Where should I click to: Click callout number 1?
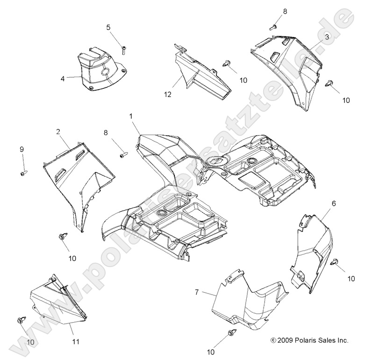coord(131,115)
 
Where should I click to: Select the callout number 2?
coord(58,132)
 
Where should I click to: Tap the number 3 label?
coord(327,36)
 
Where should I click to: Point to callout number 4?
coord(62,79)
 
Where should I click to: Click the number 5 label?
coord(108,28)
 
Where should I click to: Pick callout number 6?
coord(321,203)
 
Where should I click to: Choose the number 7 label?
coord(197,292)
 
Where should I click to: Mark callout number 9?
coord(21,150)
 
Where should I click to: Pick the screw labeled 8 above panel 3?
coord(272,27)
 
